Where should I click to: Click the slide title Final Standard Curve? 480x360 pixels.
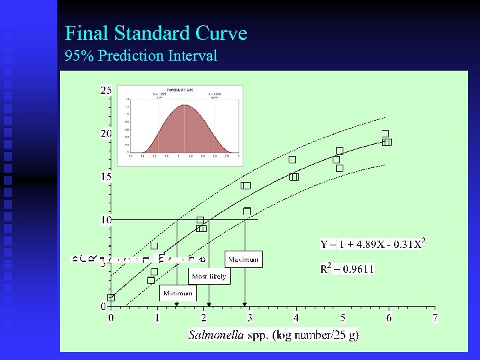[156, 33]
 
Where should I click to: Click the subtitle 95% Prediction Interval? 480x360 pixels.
[141, 55]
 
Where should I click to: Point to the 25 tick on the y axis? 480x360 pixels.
[106, 90]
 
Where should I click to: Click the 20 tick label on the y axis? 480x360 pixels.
[106, 133]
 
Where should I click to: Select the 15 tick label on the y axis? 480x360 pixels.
[106, 177]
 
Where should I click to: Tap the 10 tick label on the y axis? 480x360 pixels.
[106, 220]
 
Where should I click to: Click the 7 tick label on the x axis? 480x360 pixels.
[435, 318]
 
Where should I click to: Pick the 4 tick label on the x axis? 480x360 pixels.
[296, 318]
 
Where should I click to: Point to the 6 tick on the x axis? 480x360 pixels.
[389, 318]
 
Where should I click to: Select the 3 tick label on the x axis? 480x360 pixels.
[250, 318]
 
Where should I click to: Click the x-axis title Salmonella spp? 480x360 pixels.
[274, 335]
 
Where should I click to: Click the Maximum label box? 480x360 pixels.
[243, 259]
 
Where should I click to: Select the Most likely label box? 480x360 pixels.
[209, 276]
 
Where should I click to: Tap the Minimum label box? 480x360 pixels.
[178, 293]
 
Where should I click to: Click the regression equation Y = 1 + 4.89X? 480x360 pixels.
[373, 244]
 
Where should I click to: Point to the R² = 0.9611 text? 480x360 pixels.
[347, 269]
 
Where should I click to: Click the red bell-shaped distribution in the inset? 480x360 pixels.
[181, 130]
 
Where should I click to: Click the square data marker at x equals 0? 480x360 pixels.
[111, 297]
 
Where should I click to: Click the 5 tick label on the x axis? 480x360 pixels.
[343, 318]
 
